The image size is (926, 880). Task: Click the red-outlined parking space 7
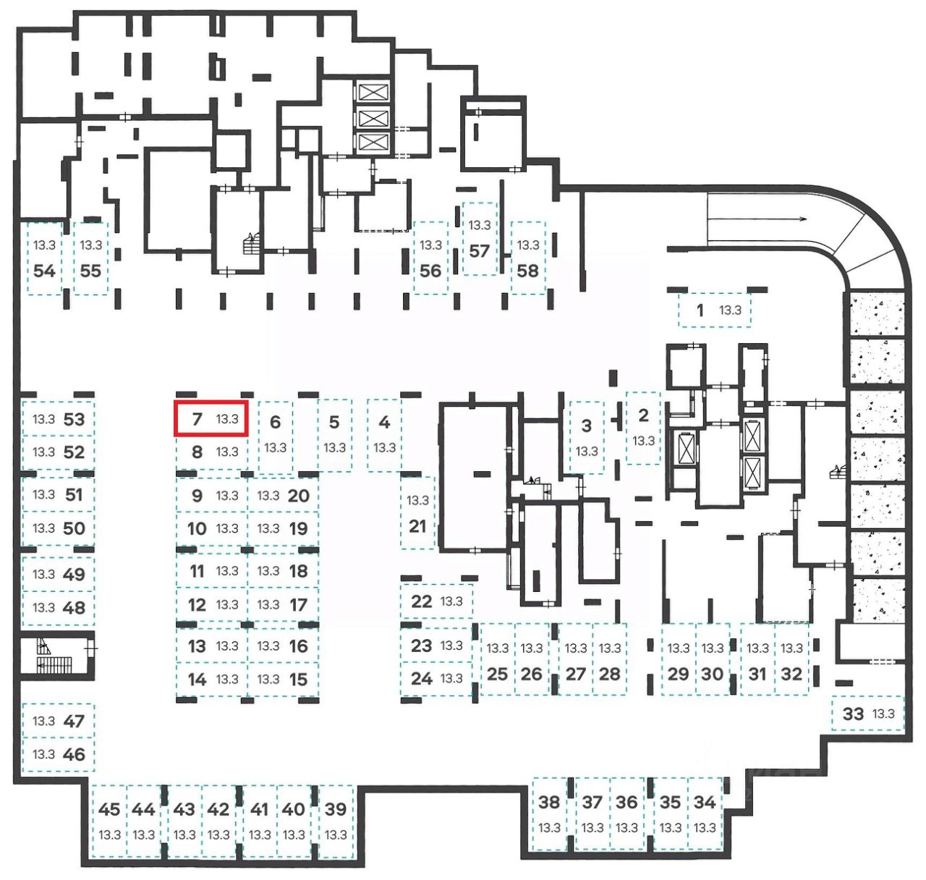point(211,419)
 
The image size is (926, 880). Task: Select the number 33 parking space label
point(854,714)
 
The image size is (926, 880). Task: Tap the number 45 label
point(109,809)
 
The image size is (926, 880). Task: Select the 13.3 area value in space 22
point(451,601)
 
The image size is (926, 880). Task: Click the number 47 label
point(74,721)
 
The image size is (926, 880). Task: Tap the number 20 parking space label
point(298,496)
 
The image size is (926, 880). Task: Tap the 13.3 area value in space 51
point(43,495)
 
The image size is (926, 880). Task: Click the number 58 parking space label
point(527,271)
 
